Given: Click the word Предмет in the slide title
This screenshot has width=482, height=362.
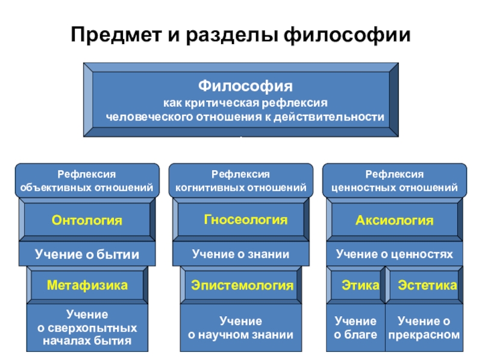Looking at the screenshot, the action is (116, 34).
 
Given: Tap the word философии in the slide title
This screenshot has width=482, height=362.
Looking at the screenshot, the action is (347, 35).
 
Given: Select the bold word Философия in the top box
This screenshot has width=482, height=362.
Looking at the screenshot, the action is (245, 86).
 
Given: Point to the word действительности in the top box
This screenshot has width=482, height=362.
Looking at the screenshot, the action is (329, 117).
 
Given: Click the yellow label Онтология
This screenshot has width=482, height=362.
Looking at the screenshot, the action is (87, 220).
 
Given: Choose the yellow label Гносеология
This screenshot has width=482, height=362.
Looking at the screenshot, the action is (246, 220).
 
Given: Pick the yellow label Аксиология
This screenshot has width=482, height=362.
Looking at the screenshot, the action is (395, 220).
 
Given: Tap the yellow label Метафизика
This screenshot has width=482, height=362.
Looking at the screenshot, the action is (87, 285).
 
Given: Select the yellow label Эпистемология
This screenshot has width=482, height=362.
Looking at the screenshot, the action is (242, 285).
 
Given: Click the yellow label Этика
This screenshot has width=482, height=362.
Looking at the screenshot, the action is (360, 285).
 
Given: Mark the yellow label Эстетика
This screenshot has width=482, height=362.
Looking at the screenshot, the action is (427, 285).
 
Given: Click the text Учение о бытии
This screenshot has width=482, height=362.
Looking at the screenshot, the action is (87, 255).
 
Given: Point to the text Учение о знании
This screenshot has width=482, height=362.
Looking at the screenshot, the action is (240, 254).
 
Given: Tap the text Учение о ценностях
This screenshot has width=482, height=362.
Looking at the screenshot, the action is (395, 254).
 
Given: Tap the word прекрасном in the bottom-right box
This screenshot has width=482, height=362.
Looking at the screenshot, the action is (424, 335).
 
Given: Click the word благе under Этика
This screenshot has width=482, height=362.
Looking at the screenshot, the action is (360, 335).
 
